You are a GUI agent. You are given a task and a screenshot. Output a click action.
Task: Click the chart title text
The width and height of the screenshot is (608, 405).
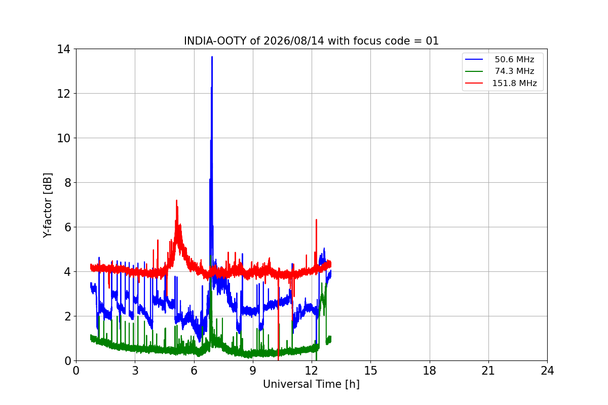pos(311,41)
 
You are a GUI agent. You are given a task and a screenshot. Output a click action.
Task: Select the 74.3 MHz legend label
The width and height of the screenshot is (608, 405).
pos(514,71)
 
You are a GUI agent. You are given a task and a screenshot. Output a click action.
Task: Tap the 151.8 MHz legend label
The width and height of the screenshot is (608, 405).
pos(514,83)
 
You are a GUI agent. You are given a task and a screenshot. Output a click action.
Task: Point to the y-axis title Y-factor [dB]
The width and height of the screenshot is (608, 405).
pos(47,206)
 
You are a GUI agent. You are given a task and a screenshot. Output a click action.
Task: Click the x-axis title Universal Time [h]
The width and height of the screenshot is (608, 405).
pos(311,384)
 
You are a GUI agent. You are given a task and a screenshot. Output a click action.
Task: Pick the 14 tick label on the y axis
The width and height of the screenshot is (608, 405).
pos(63,50)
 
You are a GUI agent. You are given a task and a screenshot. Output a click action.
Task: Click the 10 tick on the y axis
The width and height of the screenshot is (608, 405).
pos(63,138)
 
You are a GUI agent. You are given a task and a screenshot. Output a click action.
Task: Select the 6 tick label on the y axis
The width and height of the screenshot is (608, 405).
pos(67,227)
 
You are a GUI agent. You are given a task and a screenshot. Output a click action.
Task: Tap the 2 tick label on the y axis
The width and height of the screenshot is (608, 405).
pos(67,316)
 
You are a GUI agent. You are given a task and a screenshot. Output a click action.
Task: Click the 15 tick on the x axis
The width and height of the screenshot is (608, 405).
pos(370,371)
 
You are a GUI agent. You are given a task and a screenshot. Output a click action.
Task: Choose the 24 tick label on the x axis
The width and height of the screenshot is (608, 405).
pos(547,371)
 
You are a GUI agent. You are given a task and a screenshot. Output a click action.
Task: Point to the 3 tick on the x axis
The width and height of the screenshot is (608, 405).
pos(135,371)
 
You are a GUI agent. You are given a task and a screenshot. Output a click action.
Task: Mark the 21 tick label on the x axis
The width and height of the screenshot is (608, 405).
pos(488,371)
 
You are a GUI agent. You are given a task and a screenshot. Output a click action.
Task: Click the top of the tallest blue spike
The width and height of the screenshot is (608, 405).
pos(212,57)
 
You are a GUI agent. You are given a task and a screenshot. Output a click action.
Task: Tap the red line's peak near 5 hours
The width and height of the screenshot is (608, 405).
pos(176,200)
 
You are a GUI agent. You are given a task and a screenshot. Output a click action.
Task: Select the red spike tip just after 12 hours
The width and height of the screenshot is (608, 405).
pos(316,219)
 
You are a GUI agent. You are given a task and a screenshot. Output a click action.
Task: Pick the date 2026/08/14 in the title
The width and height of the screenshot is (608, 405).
pos(294,41)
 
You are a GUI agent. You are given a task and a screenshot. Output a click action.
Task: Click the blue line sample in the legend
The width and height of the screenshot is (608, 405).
pos(474,59)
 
